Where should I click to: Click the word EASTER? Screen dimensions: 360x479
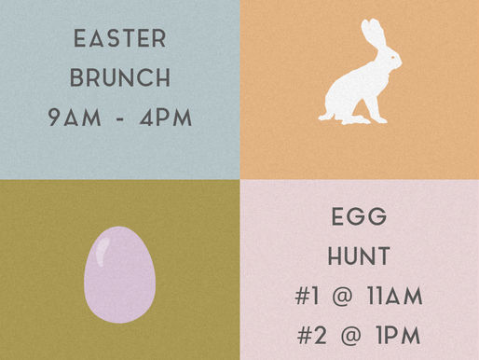pos(119,40)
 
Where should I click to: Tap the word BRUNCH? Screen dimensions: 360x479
pos(119,79)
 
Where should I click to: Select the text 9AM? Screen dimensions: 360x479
pos(74,119)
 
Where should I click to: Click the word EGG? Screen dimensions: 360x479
pos(359,218)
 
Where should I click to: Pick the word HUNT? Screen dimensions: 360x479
pos(359,257)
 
